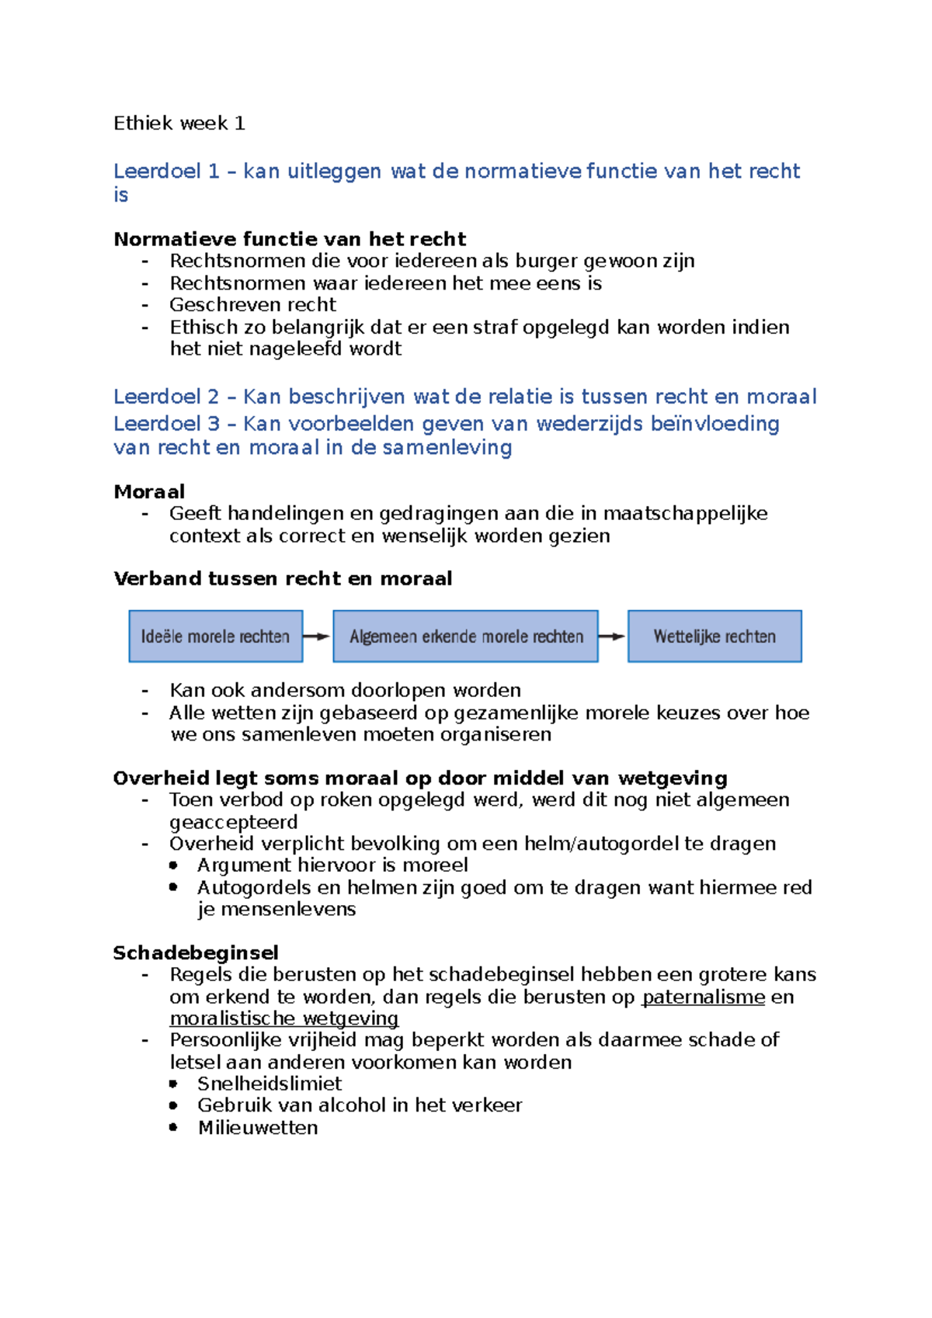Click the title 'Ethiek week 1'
pyautogui.click(x=179, y=123)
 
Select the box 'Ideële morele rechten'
pyautogui.click(x=215, y=636)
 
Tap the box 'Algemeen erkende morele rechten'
pyautogui.click(x=465, y=636)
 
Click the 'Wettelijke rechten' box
pyautogui.click(x=715, y=636)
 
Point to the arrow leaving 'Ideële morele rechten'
pyautogui.click(x=317, y=636)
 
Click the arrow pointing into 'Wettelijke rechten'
pyautogui.click(x=612, y=636)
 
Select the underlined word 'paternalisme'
pyautogui.click(x=704, y=997)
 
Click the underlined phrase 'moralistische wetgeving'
pyautogui.click(x=284, y=1018)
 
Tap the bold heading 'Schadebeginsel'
pyautogui.click(x=196, y=952)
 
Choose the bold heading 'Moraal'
pyautogui.click(x=149, y=491)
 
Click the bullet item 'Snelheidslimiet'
pyautogui.click(x=270, y=1084)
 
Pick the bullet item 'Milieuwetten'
pyautogui.click(x=258, y=1128)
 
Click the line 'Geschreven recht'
pyautogui.click(x=253, y=304)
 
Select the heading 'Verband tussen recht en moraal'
pyautogui.click(x=283, y=578)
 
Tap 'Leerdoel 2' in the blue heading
pyautogui.click(x=166, y=397)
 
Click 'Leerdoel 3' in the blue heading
pyautogui.click(x=166, y=424)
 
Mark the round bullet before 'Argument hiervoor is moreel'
pyautogui.click(x=174, y=865)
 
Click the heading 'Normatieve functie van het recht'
pyautogui.click(x=290, y=239)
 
